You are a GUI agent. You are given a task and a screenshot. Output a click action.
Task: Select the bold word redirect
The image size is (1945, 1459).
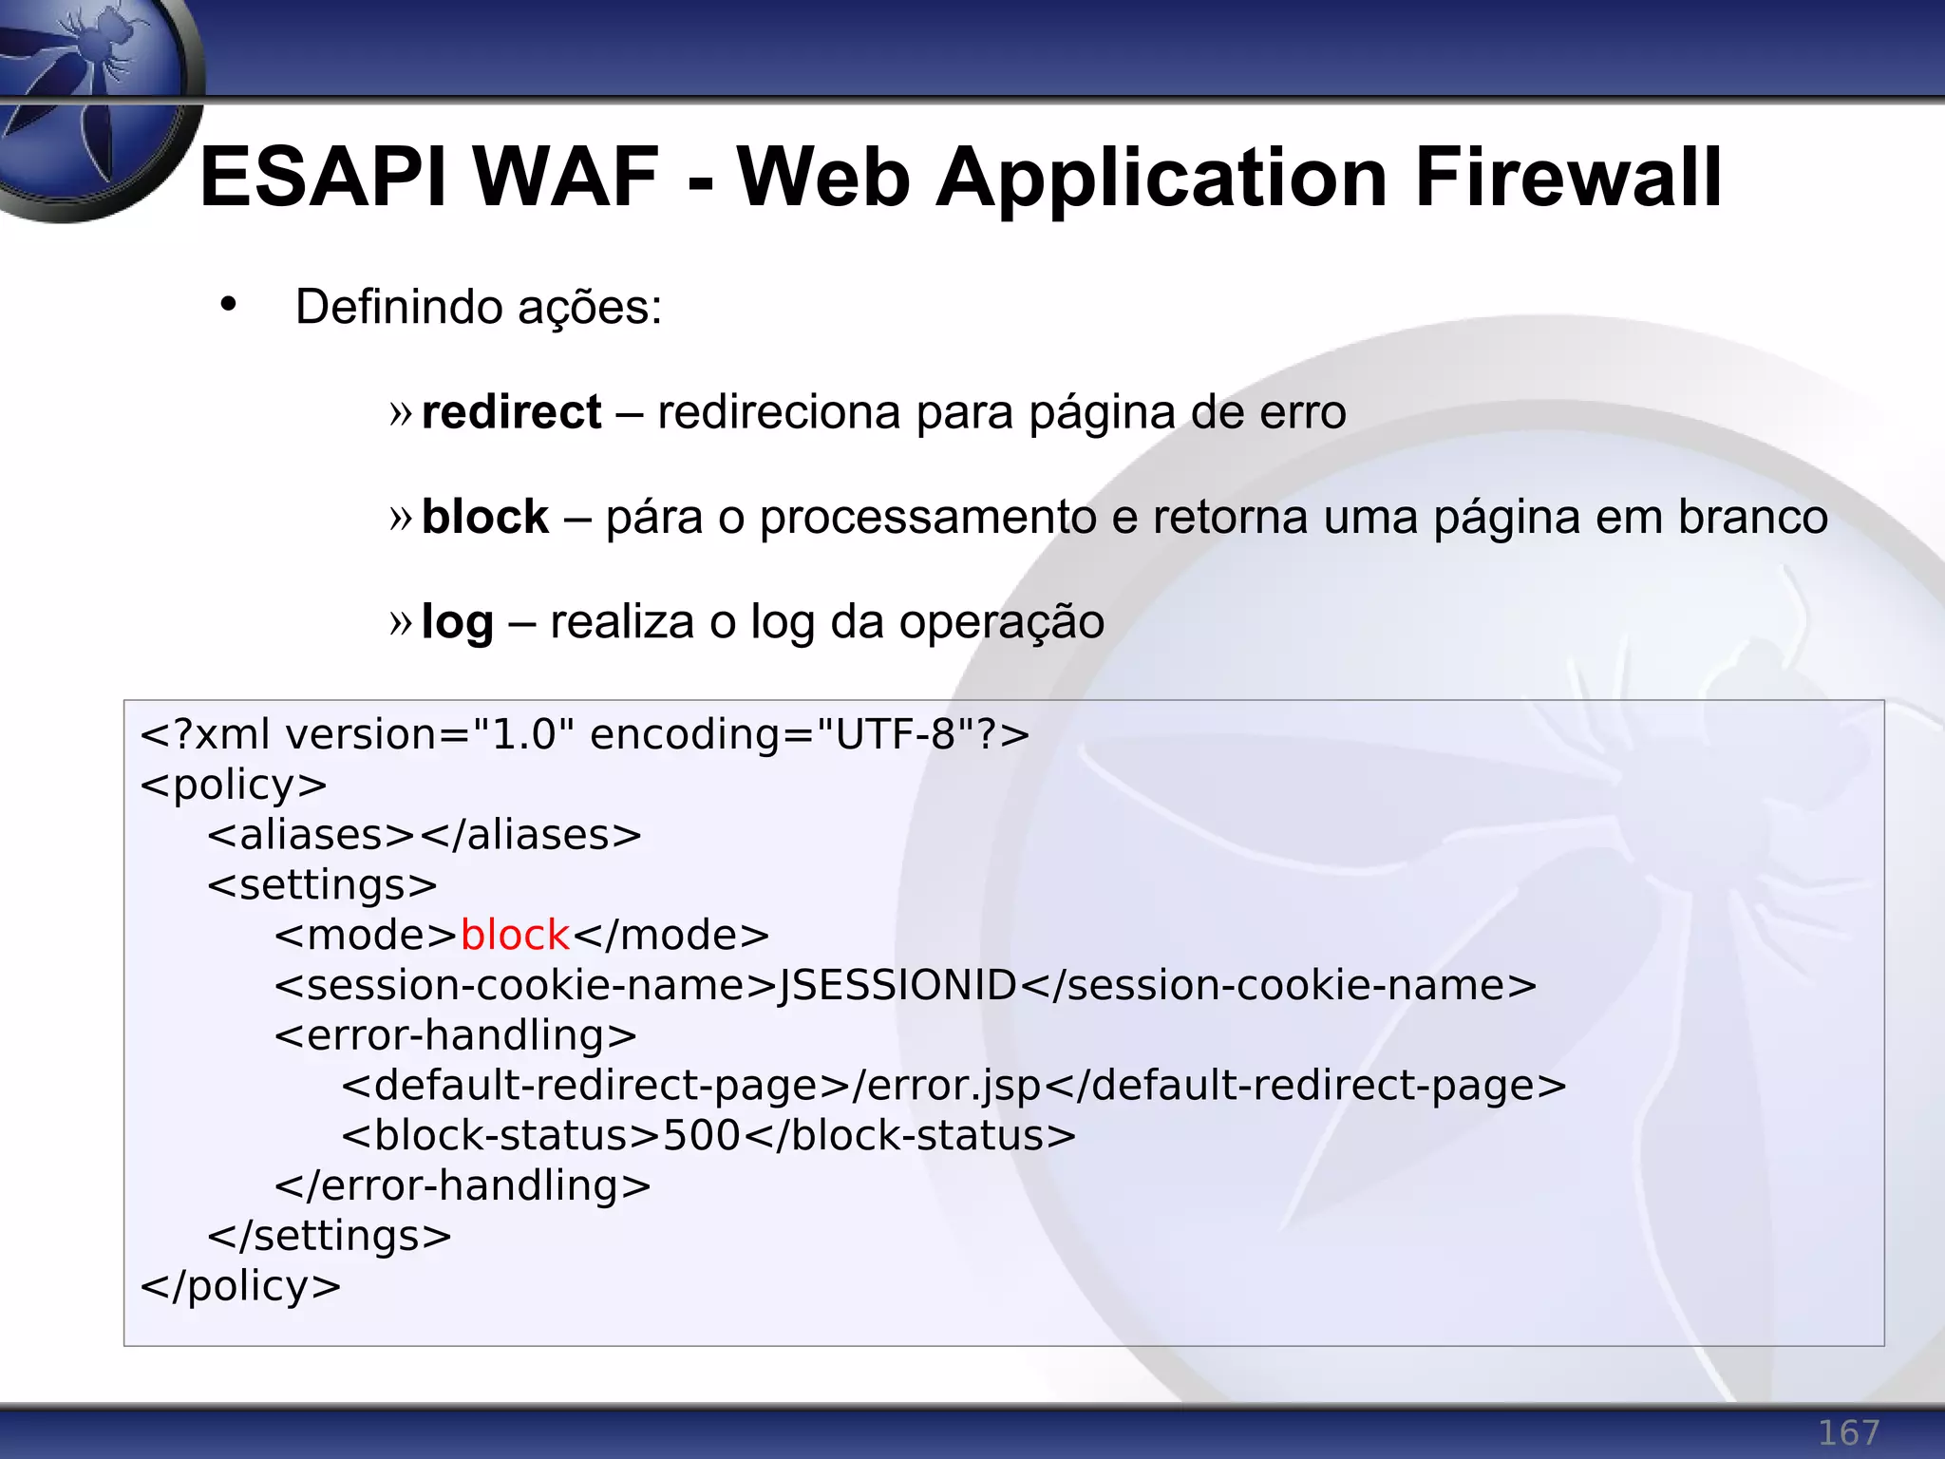click(x=511, y=412)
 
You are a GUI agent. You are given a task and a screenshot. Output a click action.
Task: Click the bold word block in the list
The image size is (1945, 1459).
click(x=484, y=518)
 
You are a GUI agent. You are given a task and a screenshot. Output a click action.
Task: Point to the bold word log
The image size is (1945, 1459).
click(x=457, y=623)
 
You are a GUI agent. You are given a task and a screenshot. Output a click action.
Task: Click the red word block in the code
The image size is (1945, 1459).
click(x=515, y=936)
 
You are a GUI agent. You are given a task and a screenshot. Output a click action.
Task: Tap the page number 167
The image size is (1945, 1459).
click(x=1848, y=1431)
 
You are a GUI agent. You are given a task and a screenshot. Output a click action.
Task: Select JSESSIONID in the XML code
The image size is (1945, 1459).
click(x=897, y=986)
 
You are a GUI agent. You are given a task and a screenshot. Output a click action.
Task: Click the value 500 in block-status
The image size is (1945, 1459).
click(x=701, y=1136)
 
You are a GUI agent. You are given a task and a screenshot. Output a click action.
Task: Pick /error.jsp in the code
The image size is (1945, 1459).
click(x=947, y=1086)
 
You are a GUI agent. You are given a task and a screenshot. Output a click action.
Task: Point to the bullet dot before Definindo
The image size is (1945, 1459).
click(x=228, y=305)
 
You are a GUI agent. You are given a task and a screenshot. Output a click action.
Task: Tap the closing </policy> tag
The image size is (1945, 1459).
click(x=240, y=1286)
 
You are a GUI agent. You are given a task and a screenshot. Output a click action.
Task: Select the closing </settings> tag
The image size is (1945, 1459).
click(x=330, y=1236)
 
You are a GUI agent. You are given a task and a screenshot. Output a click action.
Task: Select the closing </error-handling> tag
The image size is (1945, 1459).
click(x=463, y=1185)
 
